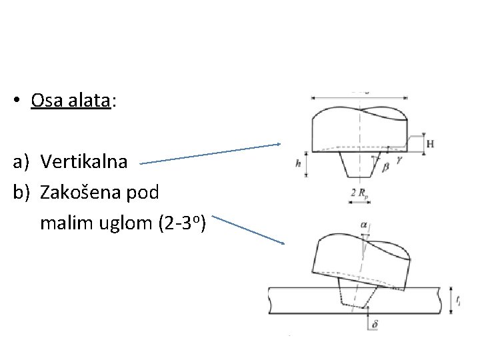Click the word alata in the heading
(x=90, y=100)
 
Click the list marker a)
(x=20, y=161)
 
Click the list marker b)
(x=20, y=193)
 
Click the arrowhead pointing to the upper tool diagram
(x=281, y=144)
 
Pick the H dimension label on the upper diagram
(x=429, y=144)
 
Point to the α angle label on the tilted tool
(x=365, y=225)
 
